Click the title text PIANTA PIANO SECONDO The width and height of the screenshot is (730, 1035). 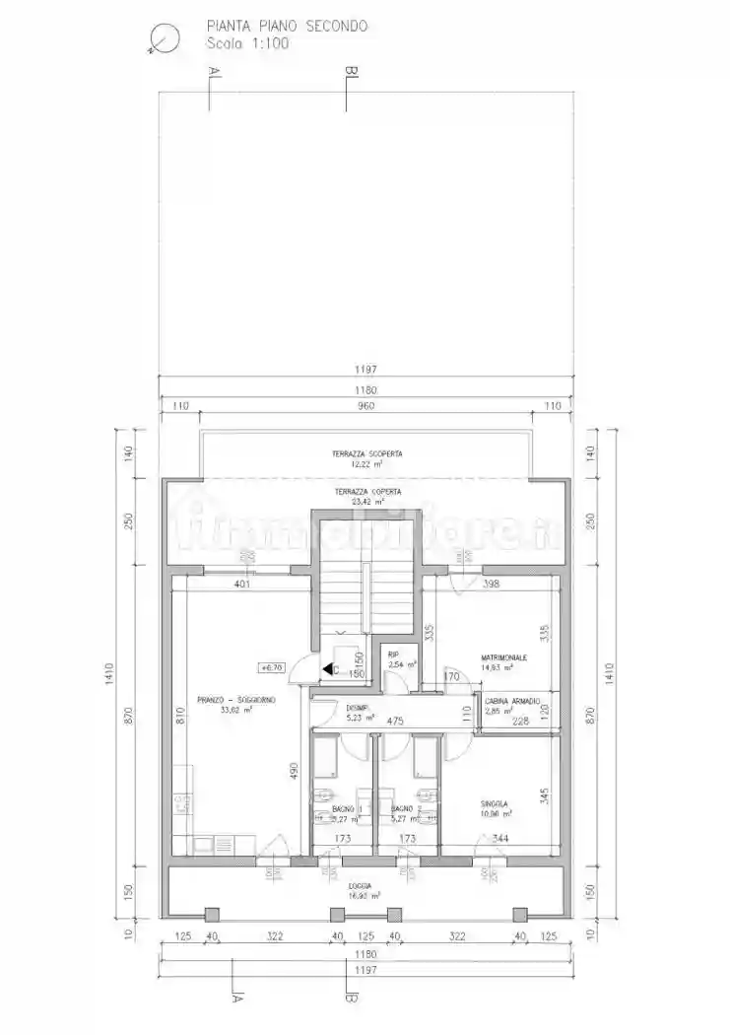(x=287, y=27)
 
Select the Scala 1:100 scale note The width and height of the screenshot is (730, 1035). (x=247, y=43)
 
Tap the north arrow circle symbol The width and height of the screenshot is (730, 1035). (x=163, y=38)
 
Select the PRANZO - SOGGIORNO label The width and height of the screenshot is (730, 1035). (x=235, y=699)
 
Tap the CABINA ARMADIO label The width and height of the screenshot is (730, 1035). (x=512, y=701)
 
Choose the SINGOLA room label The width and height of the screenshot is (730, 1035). (x=496, y=802)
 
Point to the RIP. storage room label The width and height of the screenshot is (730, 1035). (x=393, y=655)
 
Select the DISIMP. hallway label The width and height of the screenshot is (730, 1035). (x=357, y=708)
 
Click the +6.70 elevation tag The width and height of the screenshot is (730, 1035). (x=271, y=667)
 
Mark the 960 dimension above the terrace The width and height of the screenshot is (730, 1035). (x=366, y=405)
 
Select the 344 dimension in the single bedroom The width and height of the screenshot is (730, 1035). (x=499, y=839)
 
